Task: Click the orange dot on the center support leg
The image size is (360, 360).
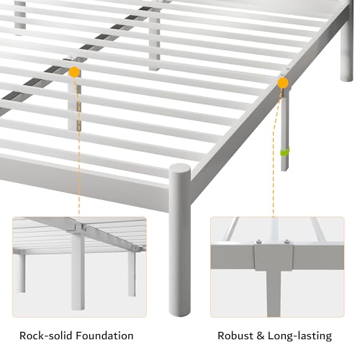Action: click(74, 72)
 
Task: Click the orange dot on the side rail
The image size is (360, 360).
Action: click(283, 83)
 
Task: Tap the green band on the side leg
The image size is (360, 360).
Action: click(285, 152)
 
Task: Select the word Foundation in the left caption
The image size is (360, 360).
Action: click(104, 336)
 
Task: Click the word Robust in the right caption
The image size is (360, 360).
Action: click(235, 336)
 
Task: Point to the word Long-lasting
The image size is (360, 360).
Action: click(300, 336)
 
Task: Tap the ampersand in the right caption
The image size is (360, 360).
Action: click(260, 336)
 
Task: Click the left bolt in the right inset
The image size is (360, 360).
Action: click(258, 241)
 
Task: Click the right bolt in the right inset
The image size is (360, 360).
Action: click(286, 241)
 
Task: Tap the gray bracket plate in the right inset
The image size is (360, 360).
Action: click(274, 257)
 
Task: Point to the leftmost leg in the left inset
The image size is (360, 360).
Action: click(21, 272)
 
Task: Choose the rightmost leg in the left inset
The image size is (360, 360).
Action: click(132, 274)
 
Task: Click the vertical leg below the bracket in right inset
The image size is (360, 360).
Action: click(274, 293)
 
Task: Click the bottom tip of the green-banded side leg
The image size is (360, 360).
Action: click(284, 169)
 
